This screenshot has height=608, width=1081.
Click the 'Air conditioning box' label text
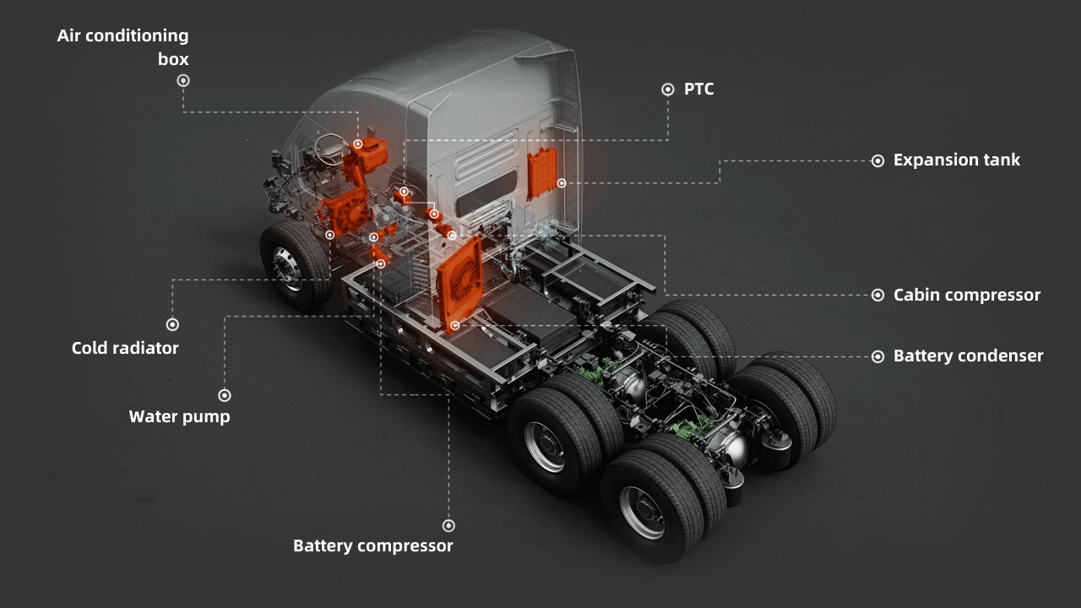point(123,47)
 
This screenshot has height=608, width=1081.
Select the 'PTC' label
point(698,89)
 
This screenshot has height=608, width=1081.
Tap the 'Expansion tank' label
point(956,160)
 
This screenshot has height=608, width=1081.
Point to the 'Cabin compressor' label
point(966,295)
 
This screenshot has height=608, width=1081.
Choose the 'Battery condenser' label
point(968,356)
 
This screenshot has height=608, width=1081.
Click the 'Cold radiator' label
point(125,348)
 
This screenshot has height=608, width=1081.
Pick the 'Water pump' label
point(179,416)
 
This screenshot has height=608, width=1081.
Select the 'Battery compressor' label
point(372,546)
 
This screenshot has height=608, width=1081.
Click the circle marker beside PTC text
point(667,89)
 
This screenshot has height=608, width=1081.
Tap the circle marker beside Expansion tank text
point(877,160)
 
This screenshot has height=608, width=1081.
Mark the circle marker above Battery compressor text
point(448,525)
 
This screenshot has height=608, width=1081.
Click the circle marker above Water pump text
point(224,395)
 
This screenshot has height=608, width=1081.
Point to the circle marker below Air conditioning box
point(183,80)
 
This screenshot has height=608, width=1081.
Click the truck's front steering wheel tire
point(288,265)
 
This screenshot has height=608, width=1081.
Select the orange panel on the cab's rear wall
point(542,173)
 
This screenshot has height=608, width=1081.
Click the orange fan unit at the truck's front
point(345,209)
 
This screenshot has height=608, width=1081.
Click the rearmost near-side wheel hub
point(642,511)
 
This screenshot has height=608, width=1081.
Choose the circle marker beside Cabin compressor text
point(877,295)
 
